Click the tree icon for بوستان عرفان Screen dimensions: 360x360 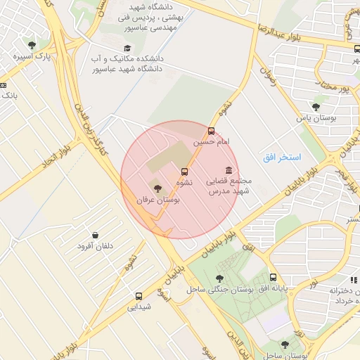157,188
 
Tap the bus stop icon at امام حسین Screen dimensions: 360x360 212,131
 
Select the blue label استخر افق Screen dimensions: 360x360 282,157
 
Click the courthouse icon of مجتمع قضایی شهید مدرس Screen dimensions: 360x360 229,171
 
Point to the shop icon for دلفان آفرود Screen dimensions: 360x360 95,235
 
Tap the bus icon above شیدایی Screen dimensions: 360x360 139,296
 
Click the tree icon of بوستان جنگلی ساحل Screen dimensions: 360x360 220,278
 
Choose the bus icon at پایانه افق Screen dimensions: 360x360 273,278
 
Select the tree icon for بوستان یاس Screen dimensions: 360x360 316,107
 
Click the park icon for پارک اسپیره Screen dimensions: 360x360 30,45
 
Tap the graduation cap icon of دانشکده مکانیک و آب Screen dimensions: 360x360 127,49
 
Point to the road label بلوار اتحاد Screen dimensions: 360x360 57,159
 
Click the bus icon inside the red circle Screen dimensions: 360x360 185,172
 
